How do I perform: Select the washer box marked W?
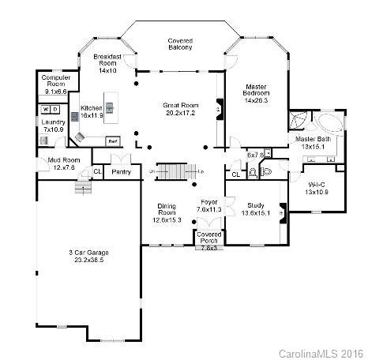(x=45, y=109)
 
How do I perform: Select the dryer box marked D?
(x=55, y=109)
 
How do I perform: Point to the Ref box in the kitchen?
(x=113, y=141)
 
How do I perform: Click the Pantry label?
(x=121, y=171)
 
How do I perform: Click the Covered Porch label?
(x=209, y=238)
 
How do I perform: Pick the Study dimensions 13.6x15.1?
(x=255, y=212)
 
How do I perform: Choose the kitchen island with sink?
(x=111, y=105)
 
